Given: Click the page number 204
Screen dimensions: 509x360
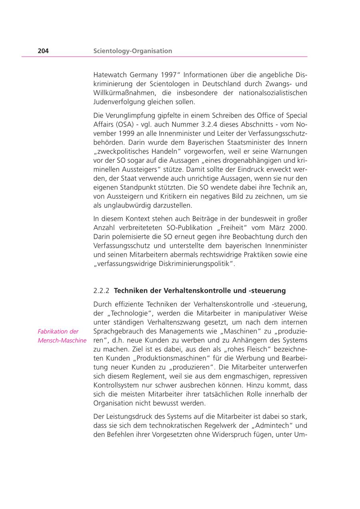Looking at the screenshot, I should pos(43,51).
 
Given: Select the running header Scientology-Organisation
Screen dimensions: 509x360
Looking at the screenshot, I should pos(132,51).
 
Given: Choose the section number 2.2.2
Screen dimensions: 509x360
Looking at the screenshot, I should pos(101,290).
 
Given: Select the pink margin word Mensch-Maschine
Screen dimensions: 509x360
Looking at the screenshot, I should pos(62,341).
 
